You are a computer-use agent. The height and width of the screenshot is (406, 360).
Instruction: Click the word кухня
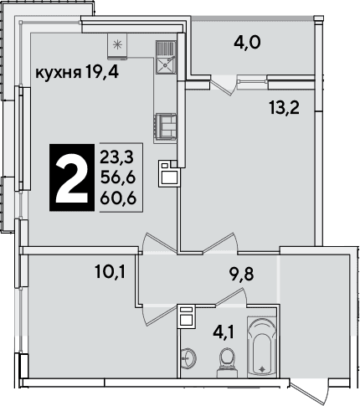[x=58, y=73]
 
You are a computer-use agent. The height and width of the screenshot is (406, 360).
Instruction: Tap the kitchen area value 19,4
[x=102, y=71]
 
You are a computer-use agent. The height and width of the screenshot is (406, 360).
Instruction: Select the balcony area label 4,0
[x=247, y=44]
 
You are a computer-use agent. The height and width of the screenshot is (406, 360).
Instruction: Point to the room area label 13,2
[x=285, y=108]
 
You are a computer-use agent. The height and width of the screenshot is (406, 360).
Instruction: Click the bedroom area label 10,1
[x=111, y=271]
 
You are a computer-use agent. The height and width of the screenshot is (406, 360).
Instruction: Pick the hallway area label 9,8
[x=241, y=274]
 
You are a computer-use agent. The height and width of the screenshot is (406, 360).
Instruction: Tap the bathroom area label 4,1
[x=224, y=332]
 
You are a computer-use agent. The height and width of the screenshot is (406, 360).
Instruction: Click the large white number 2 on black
[x=72, y=177]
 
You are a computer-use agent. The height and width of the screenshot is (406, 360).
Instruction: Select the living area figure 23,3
[x=117, y=157]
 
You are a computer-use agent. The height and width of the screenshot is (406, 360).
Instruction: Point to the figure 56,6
[x=118, y=177]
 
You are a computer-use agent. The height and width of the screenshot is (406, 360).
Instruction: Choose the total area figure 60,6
[x=118, y=198]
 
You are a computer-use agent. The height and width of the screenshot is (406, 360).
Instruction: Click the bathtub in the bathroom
[x=262, y=347]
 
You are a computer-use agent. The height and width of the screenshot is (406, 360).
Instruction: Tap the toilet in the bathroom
[x=227, y=362]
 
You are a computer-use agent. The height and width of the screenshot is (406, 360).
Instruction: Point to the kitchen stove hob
[x=166, y=126]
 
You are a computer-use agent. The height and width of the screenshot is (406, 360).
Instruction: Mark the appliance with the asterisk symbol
[x=117, y=46]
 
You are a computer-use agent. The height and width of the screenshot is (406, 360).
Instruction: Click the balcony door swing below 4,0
[x=224, y=85]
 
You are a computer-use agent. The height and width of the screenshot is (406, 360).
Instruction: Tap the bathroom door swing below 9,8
[x=232, y=297]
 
